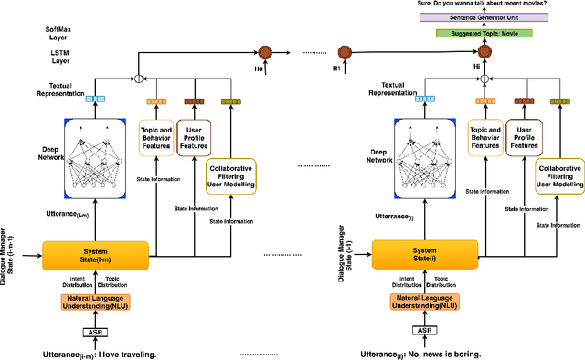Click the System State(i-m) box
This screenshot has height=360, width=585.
(95, 254)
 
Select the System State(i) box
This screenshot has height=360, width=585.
(423, 254)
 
